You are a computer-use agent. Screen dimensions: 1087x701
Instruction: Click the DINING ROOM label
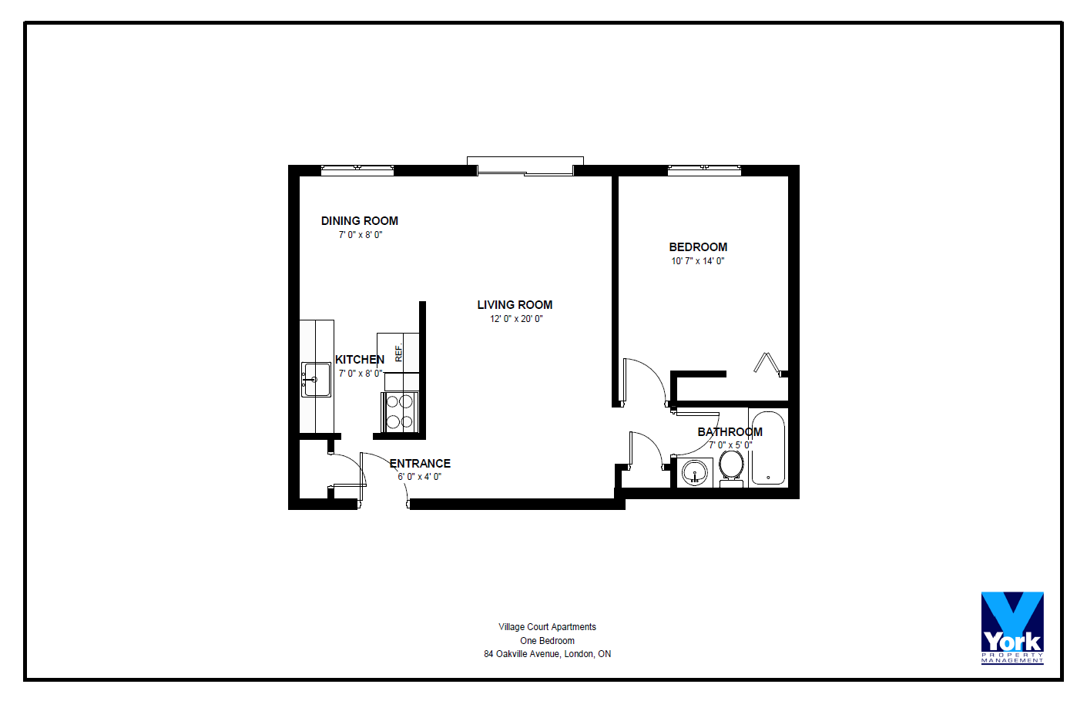(x=360, y=221)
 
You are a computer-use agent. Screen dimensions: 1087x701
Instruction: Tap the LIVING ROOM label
(x=515, y=305)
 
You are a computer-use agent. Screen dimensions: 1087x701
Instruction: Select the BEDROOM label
(x=698, y=247)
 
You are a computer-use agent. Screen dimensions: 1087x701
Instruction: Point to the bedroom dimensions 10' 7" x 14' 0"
(x=698, y=261)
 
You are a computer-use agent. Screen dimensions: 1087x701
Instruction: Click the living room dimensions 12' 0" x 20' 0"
(x=516, y=319)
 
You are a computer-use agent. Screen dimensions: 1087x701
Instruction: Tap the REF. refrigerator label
(x=399, y=353)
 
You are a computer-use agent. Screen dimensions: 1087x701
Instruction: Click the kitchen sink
(x=316, y=380)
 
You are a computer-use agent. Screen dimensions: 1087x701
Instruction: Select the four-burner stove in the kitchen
(x=399, y=411)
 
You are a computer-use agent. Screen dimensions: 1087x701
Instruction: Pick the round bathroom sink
(x=694, y=472)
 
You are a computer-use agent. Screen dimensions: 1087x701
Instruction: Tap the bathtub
(x=768, y=448)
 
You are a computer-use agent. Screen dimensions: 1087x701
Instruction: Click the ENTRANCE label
(x=421, y=464)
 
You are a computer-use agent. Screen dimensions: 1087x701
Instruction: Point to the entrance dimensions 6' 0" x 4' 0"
(x=419, y=477)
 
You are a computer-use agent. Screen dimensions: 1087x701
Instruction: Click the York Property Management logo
(x=1012, y=628)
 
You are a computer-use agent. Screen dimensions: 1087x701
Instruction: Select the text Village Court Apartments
(x=548, y=627)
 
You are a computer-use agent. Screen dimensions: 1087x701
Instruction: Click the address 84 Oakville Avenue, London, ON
(x=548, y=654)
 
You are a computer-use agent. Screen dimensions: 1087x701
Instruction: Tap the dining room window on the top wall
(x=357, y=169)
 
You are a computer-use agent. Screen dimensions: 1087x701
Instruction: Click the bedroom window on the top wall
(x=704, y=169)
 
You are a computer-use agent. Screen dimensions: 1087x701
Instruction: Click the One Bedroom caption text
(x=548, y=641)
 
